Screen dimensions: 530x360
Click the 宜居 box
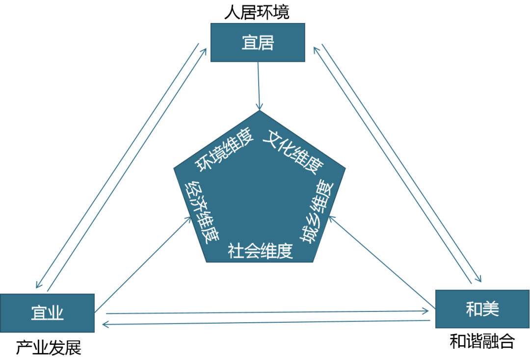(258, 43)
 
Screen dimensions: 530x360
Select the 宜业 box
(47, 313)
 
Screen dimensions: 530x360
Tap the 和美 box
(482, 309)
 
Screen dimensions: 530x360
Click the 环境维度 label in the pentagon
(225, 150)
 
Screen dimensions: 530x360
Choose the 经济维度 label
(201, 213)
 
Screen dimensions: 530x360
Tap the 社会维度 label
(260, 251)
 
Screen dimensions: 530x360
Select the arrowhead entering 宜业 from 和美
(103, 324)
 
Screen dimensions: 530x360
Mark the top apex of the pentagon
(259, 111)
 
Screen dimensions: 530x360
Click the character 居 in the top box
(265, 43)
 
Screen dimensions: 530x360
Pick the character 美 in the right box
(491, 309)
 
